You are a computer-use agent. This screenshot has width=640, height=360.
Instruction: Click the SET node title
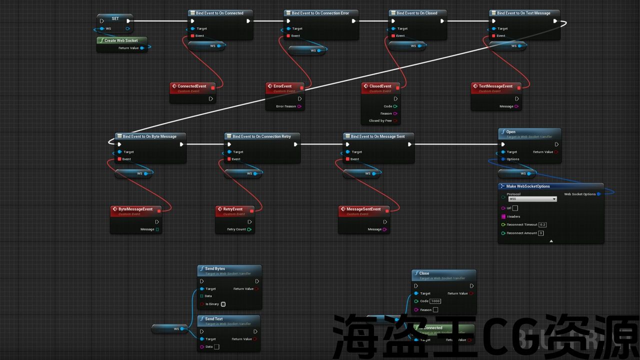click(x=115, y=18)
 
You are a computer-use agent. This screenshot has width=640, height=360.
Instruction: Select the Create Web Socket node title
click(x=121, y=40)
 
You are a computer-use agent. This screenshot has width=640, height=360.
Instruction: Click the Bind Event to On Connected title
click(x=219, y=13)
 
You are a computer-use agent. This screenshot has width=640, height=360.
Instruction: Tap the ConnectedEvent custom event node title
click(x=191, y=86)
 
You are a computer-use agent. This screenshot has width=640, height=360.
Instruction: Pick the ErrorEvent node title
click(x=282, y=86)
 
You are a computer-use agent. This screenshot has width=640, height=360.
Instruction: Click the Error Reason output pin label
click(x=286, y=106)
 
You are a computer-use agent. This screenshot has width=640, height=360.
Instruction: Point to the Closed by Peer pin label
click(x=380, y=121)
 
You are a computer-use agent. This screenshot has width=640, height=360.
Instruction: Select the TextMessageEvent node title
click(x=495, y=86)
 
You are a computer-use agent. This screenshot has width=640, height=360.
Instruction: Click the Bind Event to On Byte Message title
click(x=149, y=136)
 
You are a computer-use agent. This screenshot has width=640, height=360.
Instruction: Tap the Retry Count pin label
click(x=236, y=229)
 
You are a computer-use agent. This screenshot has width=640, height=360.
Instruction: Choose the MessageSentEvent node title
click(x=363, y=209)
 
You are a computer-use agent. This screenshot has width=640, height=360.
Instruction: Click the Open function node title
click(x=511, y=132)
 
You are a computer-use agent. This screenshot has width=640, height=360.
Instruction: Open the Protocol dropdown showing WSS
click(x=532, y=199)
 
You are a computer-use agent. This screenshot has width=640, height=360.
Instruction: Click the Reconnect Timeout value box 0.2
click(x=542, y=225)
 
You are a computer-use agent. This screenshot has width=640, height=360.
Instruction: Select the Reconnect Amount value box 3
click(x=541, y=233)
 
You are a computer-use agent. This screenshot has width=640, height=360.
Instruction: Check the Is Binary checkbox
click(x=223, y=304)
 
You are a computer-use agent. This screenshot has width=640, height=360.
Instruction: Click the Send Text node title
click(x=214, y=318)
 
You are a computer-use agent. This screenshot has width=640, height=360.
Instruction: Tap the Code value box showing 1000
click(x=435, y=301)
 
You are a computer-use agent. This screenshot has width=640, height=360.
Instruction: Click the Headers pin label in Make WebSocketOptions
click(x=513, y=216)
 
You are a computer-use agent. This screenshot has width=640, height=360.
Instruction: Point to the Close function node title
click(x=424, y=273)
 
